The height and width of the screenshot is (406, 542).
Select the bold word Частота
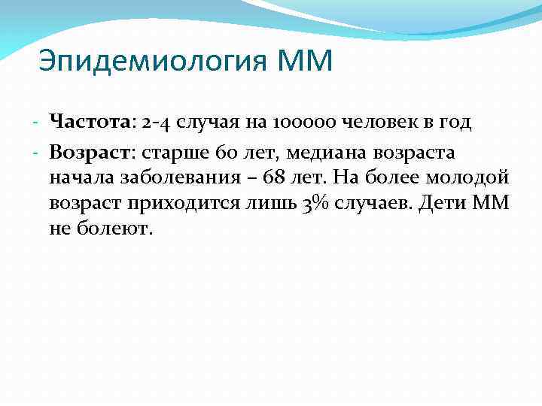click(x=90, y=122)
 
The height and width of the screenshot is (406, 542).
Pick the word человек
click(x=382, y=122)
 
